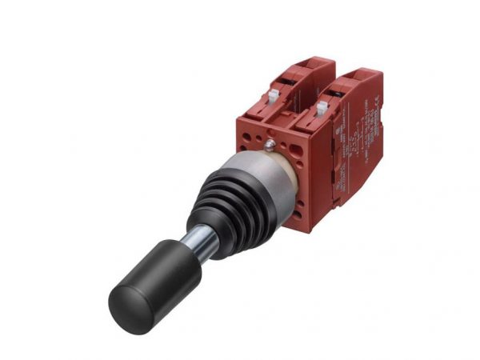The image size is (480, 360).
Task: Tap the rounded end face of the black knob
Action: pyautogui.click(x=128, y=307)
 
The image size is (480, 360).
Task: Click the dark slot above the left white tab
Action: pyautogui.click(x=282, y=82)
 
